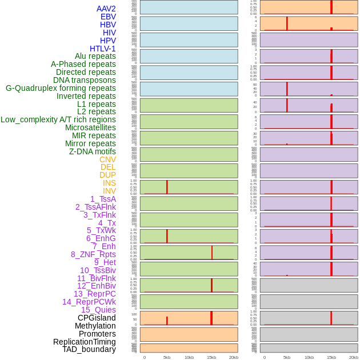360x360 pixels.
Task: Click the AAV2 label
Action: point(106,9)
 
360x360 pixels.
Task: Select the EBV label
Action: point(108,17)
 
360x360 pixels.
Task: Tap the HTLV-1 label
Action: point(103,49)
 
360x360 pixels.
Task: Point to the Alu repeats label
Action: point(95,56)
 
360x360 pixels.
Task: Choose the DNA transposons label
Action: point(85,80)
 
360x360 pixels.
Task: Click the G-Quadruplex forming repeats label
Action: point(61,88)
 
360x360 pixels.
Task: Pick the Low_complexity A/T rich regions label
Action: point(58,119)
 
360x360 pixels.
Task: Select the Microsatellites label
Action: point(90,127)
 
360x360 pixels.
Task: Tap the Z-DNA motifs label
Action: point(93,151)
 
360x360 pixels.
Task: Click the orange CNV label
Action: point(107,159)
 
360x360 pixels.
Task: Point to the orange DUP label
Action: point(107,175)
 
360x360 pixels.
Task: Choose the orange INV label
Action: point(109,191)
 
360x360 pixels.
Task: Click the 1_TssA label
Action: point(103,199)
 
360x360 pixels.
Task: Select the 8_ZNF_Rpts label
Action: point(93,254)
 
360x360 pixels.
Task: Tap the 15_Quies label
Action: point(98,310)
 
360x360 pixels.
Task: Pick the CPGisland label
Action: point(97,318)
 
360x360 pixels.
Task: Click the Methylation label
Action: point(95,326)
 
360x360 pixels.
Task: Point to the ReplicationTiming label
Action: point(85,342)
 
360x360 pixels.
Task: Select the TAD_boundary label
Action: point(89,349)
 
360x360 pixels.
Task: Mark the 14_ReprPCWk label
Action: point(89,302)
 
